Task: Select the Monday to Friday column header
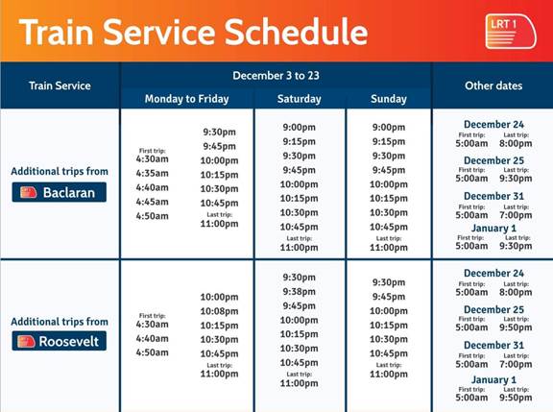click(186, 99)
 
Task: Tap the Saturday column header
click(299, 99)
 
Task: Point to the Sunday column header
click(388, 99)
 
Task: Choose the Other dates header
click(493, 85)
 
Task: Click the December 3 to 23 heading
click(276, 75)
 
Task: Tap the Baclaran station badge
click(60, 192)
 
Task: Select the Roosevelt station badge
click(60, 341)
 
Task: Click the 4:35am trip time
click(152, 174)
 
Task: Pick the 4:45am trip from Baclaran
click(152, 202)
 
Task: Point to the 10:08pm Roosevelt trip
click(219, 311)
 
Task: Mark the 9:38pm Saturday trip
click(299, 292)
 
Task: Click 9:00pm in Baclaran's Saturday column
click(299, 128)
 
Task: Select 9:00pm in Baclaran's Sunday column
click(388, 128)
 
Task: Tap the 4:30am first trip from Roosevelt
click(152, 325)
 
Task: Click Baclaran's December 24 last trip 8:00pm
click(517, 144)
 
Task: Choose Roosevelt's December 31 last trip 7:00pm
click(517, 364)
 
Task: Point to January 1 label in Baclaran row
click(493, 229)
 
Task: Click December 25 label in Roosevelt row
click(493, 309)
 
